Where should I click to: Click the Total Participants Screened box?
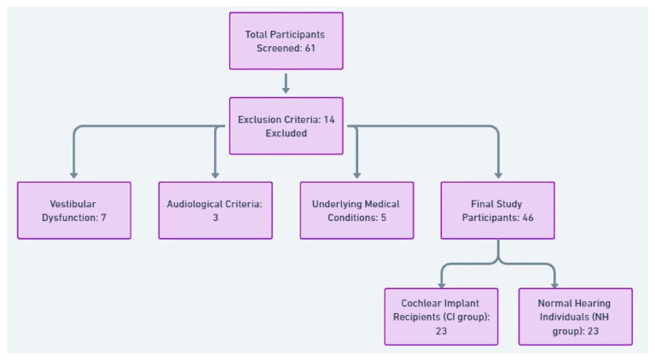tap(287, 41)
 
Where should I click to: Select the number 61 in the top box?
tap(310, 49)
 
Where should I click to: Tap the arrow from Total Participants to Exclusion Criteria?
tap(286, 84)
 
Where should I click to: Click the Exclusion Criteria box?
tap(287, 126)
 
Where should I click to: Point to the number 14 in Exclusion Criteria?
tap(329, 120)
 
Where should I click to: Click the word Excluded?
tap(287, 134)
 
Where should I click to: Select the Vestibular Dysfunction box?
tap(74, 211)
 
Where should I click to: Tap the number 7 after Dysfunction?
tap(103, 218)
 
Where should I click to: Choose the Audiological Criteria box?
tap(216, 211)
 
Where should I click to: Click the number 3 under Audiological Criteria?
tap(216, 218)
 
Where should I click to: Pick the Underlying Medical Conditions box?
tap(356, 211)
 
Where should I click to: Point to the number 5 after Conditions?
tap(384, 218)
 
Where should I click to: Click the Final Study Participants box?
tap(498, 211)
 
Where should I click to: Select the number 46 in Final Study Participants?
tap(528, 218)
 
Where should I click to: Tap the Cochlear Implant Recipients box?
tap(441, 316)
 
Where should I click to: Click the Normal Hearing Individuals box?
tap(575, 316)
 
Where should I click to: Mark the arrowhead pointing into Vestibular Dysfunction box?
tap(74, 175)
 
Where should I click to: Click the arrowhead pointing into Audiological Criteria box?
tap(216, 175)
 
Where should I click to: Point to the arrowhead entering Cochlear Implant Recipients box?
tap(442, 285)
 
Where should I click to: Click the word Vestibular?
tap(72, 204)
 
